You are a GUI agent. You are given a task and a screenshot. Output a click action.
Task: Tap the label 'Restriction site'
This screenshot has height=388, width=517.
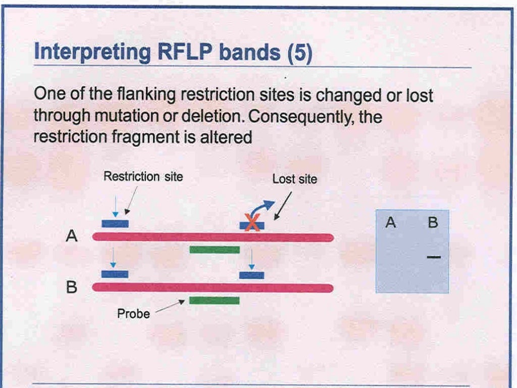pos(143,176)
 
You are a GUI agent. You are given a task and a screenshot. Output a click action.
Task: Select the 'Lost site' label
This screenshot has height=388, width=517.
pos(294,179)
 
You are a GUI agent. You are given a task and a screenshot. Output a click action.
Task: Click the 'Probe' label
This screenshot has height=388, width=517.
pos(133,314)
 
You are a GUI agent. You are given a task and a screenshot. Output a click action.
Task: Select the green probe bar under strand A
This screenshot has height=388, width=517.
pos(214,250)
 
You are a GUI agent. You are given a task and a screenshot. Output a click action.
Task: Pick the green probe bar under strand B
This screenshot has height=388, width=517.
pos(214,301)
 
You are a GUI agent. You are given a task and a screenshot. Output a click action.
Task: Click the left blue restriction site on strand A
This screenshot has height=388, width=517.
pos(115,224)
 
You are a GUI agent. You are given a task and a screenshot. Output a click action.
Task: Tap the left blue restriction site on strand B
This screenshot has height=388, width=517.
pos(115,274)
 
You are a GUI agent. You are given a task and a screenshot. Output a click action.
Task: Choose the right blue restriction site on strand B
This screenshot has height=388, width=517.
pos(251,275)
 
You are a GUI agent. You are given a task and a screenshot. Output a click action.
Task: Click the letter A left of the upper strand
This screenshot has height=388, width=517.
pos(72,236)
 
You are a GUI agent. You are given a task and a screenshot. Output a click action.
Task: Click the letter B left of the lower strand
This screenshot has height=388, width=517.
pos(72,287)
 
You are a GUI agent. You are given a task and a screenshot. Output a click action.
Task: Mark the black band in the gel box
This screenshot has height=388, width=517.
pos(433,258)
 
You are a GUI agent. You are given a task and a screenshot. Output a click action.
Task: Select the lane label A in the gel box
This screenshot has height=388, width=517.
pos(390,222)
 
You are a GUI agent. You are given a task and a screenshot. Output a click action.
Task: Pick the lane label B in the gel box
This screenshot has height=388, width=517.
pos(433,222)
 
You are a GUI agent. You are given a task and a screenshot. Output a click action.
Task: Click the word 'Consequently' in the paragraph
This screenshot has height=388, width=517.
pos(302,117)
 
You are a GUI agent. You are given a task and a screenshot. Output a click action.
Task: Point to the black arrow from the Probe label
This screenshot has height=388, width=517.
pos(170,307)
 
